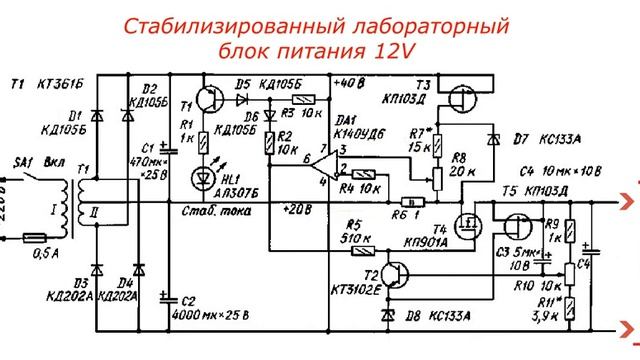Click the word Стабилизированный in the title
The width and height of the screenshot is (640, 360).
(x=214, y=25)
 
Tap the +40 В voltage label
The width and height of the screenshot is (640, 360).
(x=348, y=82)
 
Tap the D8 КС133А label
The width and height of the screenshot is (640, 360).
(x=433, y=316)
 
